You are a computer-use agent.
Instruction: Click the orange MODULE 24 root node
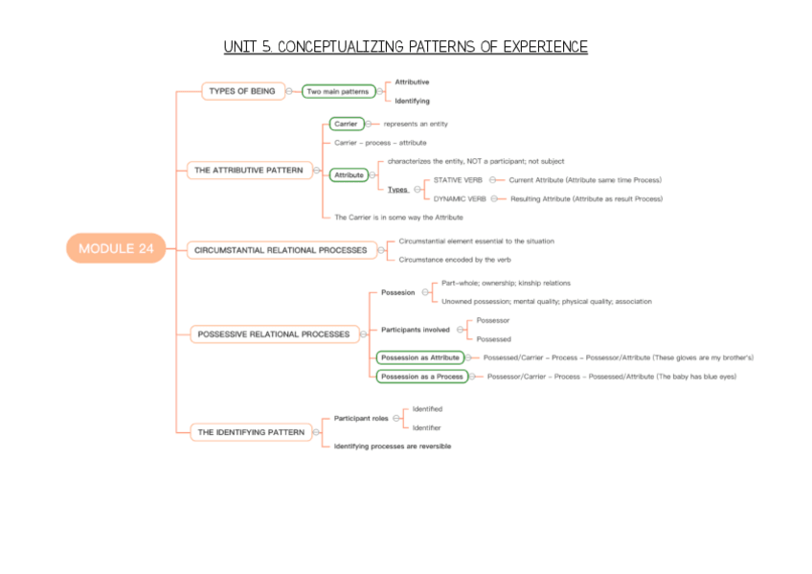coord(116,248)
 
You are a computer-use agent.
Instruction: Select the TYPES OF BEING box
coord(242,91)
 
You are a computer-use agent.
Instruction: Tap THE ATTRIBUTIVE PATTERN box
coord(248,171)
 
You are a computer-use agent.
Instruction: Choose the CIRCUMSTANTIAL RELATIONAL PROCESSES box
coord(280,250)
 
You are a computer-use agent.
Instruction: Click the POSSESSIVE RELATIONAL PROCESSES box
coord(274,333)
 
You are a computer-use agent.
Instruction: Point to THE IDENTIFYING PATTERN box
coord(251,432)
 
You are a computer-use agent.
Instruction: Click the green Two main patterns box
coord(336,91)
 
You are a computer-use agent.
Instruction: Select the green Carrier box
coord(346,124)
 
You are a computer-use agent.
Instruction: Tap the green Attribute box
coord(349,174)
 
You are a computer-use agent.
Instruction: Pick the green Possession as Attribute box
coord(419,357)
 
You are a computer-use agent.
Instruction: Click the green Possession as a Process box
coord(421,377)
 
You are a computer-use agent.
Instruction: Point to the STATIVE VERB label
coord(458,180)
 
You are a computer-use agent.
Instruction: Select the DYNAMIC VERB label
coord(460,198)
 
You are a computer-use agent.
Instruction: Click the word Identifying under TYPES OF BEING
coord(412,101)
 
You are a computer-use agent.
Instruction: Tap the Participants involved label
coord(416,330)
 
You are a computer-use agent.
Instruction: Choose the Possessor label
coord(493,320)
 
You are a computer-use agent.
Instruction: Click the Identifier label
coord(427,427)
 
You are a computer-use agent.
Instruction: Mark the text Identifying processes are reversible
coord(393,447)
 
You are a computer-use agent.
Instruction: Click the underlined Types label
coord(397,190)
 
